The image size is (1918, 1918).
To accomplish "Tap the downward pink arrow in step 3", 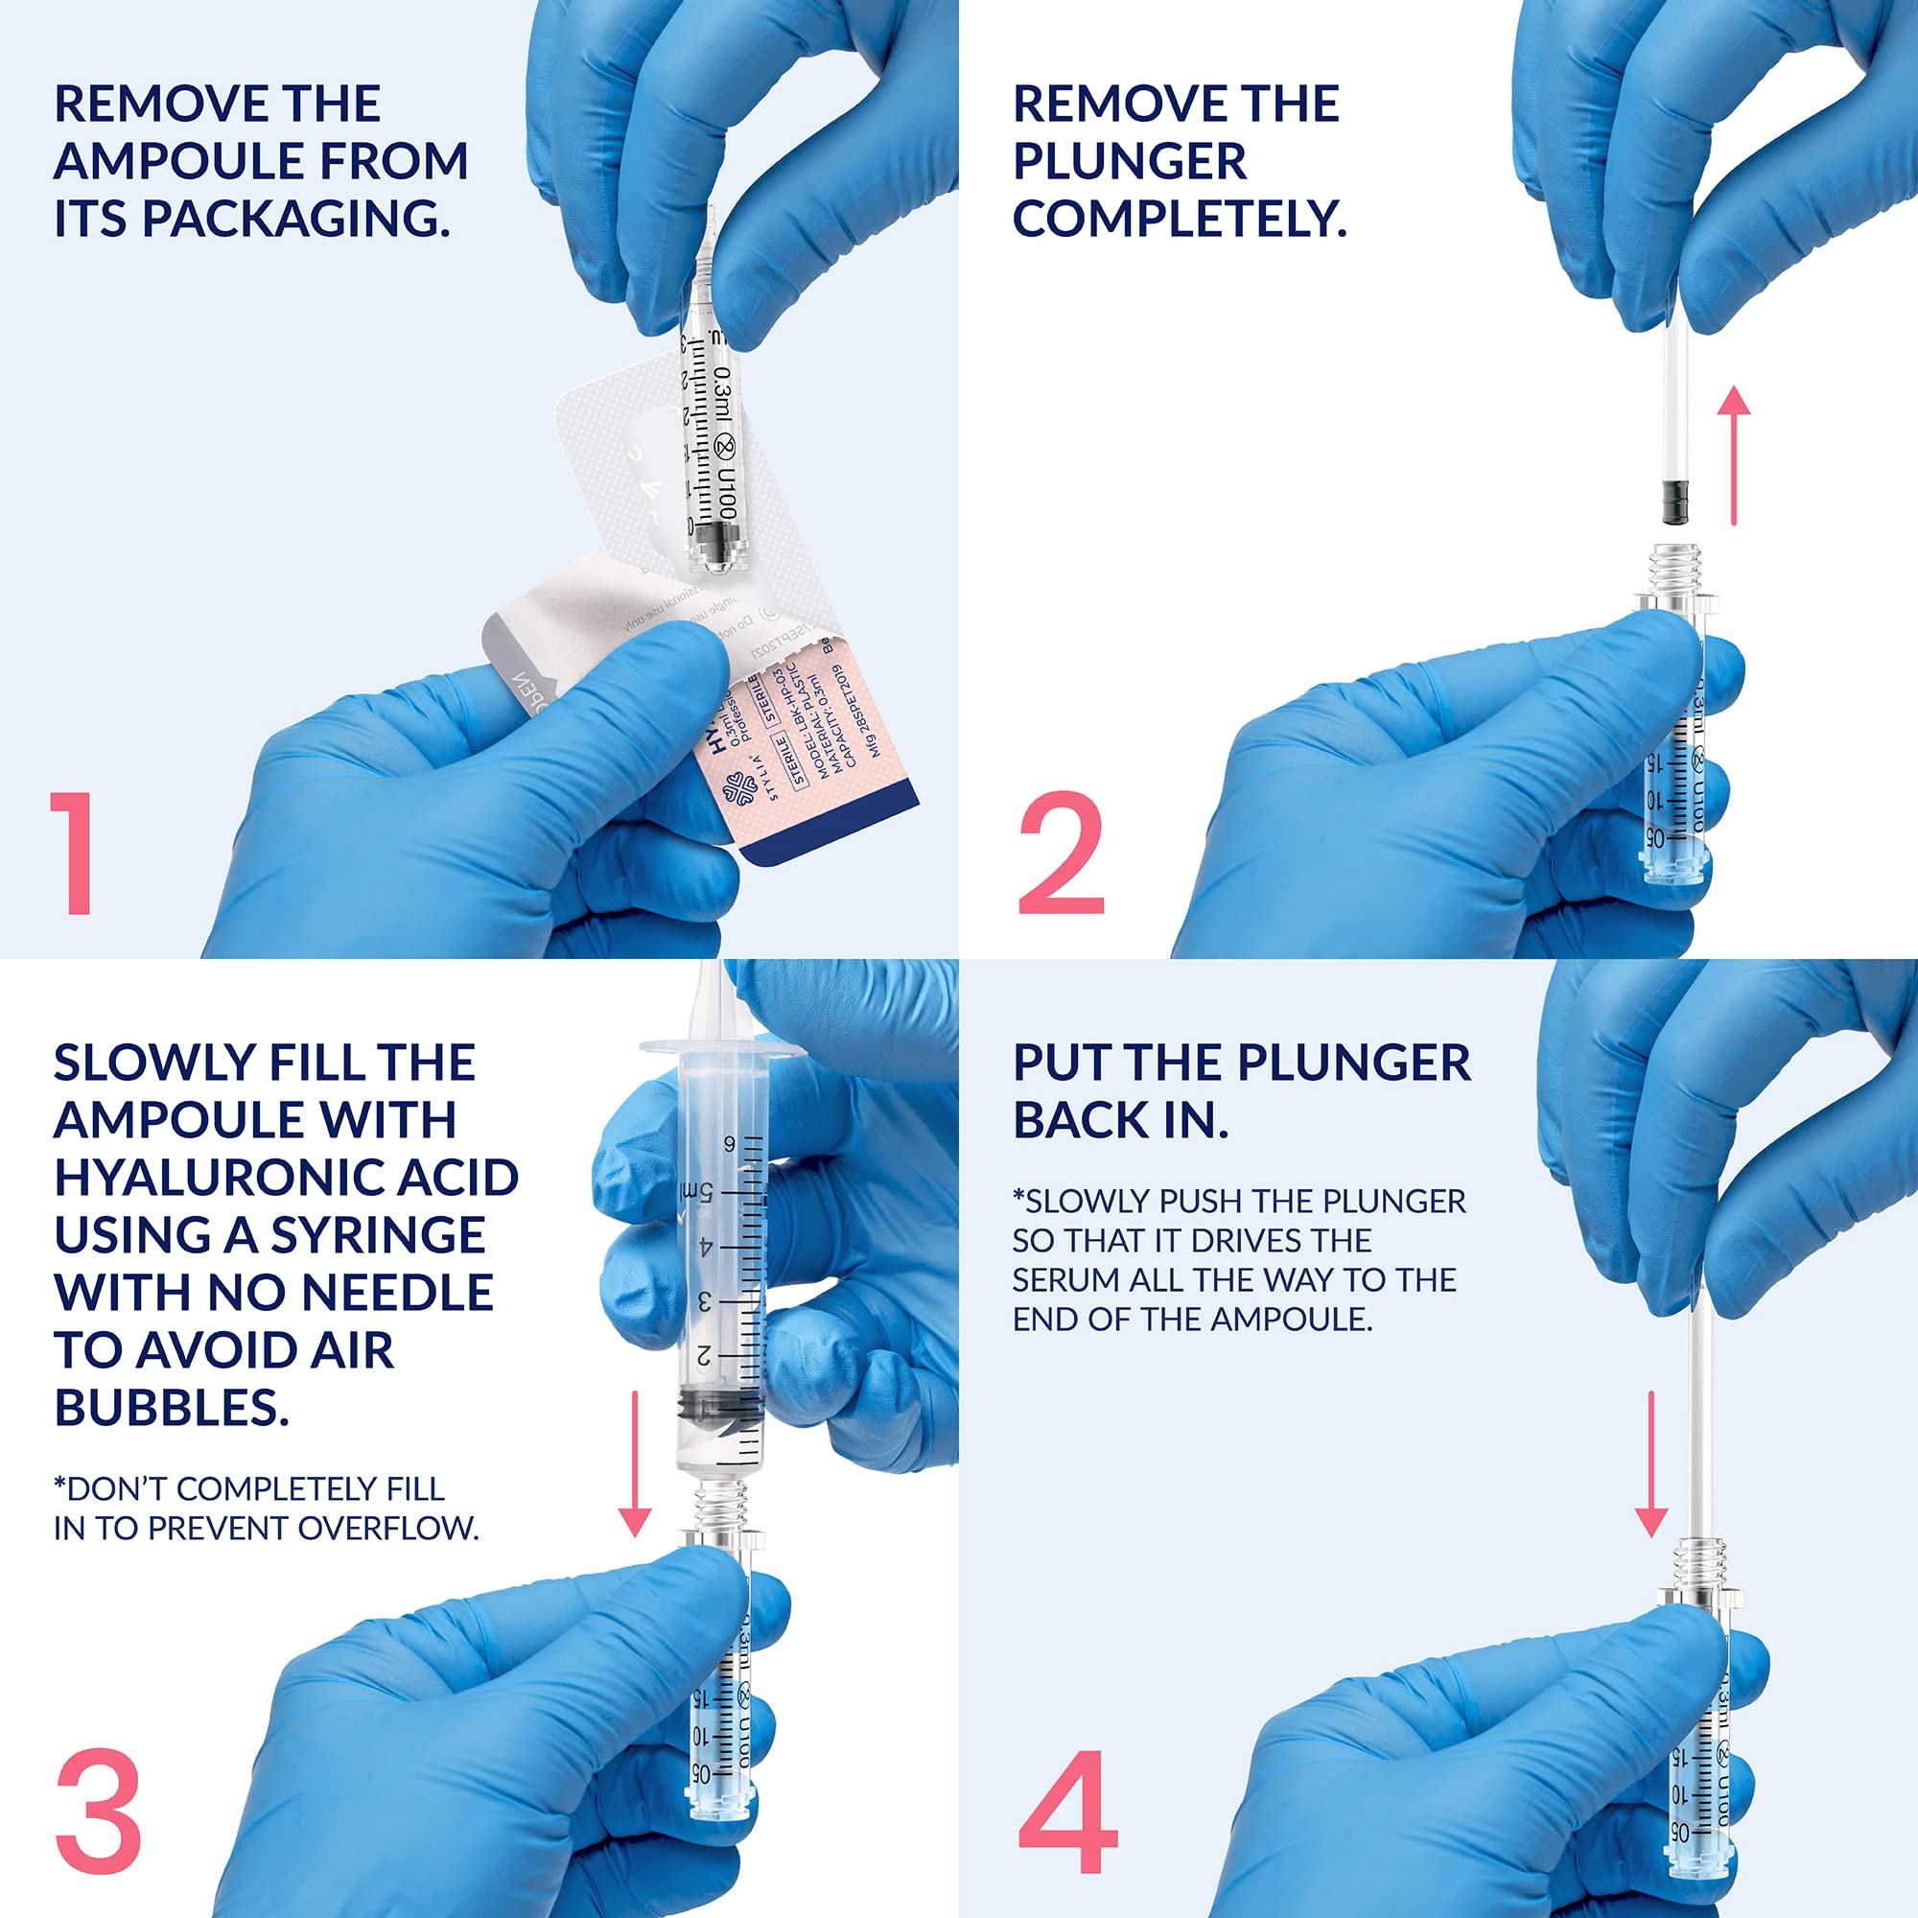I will pos(634,1463).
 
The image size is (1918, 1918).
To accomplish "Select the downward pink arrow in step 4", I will pos(1651,1463).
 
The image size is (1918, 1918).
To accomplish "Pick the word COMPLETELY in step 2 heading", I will pos(1179,219).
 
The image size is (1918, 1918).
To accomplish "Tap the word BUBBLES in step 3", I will pos(171,1408).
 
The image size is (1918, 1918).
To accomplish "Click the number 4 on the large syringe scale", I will pos(706,1246).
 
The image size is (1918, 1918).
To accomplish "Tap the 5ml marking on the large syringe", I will pos(698,1190).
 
